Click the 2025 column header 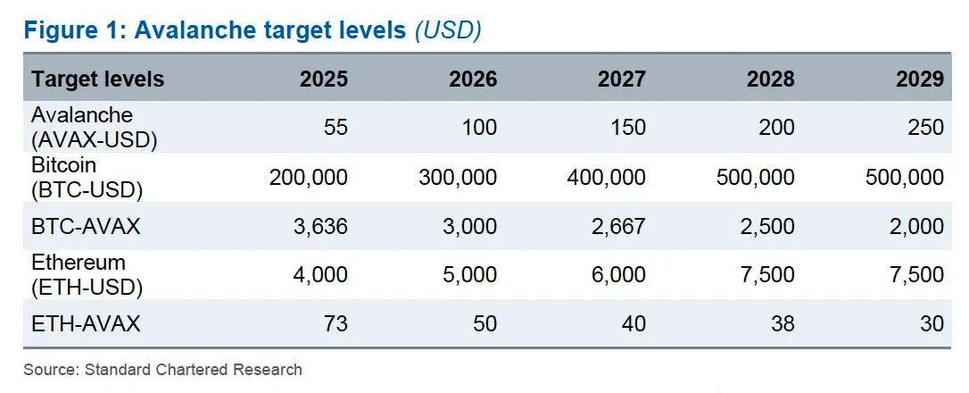323,79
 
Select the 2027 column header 621,79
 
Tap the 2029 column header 919,79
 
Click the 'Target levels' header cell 98,79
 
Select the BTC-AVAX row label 87,226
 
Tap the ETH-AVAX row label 87,323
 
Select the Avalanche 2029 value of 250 925,128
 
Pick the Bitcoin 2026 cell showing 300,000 458,177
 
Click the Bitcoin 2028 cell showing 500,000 755,177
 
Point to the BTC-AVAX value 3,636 320,226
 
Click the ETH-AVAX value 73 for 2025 335,323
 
